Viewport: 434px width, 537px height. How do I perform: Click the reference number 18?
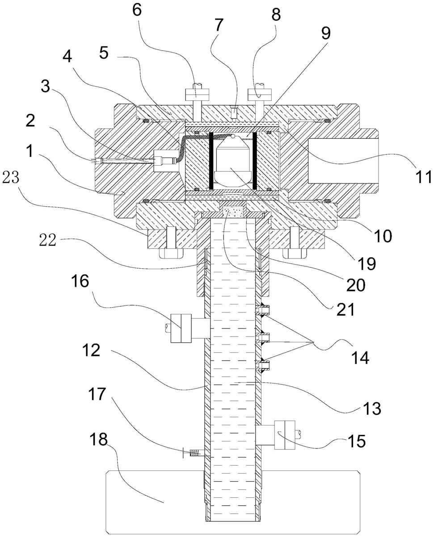(98, 440)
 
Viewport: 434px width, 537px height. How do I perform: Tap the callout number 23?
(11, 178)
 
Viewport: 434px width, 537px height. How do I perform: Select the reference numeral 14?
(359, 357)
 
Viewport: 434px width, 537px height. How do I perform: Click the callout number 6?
(137, 10)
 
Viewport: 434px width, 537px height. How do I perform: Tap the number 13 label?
(371, 408)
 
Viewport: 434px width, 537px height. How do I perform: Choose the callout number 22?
(47, 240)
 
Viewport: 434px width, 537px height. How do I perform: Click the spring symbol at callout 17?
(195, 453)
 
